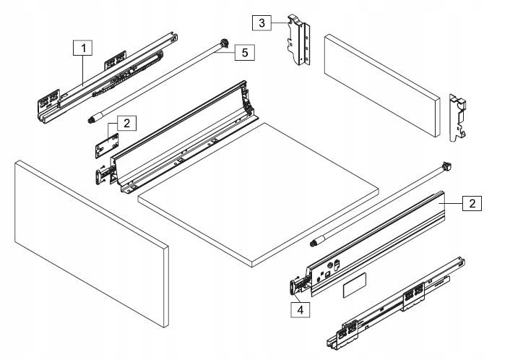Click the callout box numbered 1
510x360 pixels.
pos(84,49)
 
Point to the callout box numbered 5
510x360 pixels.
pos(246,52)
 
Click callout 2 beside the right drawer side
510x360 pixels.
pos(471,203)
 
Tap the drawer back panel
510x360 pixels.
pos(381,85)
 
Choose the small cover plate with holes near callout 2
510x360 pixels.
pos(105,142)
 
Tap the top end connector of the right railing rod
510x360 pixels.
pos(446,167)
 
